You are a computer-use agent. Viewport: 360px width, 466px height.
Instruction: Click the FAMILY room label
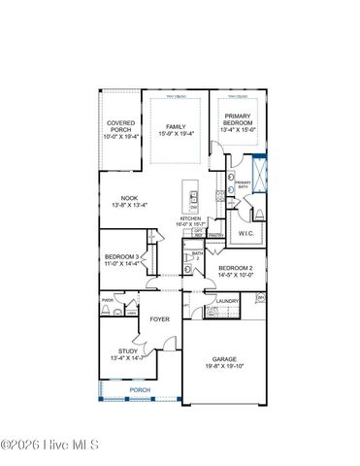(x=175, y=127)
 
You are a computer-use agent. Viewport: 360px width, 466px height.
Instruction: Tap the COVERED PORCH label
(x=121, y=126)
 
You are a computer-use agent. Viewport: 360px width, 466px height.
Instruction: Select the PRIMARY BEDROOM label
(x=238, y=119)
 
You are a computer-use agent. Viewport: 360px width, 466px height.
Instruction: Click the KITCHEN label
(x=189, y=218)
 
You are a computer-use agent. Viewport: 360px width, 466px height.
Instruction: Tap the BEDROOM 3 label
(x=123, y=256)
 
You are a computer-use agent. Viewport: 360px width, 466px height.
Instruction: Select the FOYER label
(x=159, y=318)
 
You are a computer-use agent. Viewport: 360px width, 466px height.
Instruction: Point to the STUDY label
(x=128, y=351)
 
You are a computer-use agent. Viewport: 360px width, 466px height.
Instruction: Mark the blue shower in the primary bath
(x=258, y=171)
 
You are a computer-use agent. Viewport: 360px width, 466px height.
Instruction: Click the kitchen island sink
(x=194, y=200)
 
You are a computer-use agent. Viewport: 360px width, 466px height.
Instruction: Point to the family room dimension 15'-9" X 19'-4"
(x=175, y=134)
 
